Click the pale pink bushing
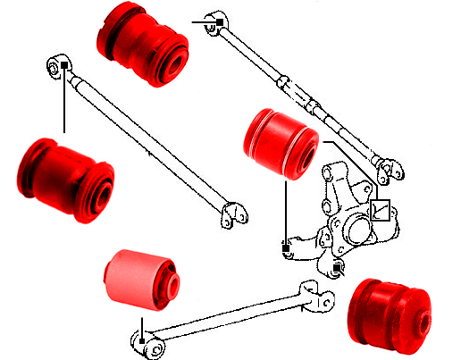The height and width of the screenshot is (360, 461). (x=138, y=280)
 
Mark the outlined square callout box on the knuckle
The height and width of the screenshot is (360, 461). (x=381, y=209)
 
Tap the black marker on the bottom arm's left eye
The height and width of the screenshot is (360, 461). (x=141, y=340)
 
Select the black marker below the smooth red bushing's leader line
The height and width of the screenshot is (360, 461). (x=285, y=242)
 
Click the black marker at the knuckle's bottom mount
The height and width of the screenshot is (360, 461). (x=336, y=266)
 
